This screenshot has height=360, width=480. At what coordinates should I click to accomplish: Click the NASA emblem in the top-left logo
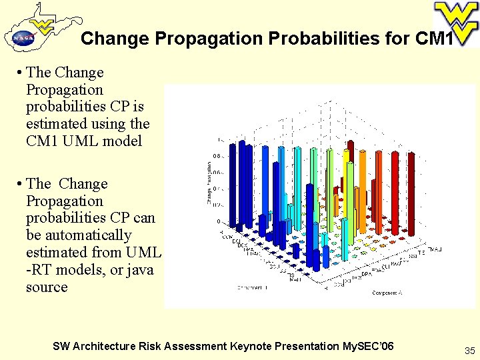21,38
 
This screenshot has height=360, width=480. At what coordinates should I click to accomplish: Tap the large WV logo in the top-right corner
455,21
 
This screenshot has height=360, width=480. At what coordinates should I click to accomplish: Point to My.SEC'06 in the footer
367,346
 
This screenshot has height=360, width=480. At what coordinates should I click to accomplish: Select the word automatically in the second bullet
79,235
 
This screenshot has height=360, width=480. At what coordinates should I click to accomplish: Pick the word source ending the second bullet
47,287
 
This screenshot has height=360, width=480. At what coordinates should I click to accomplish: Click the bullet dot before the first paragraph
21,73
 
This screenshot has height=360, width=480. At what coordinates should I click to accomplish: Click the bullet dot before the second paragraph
21,184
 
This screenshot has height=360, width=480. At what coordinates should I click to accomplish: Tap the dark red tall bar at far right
411,193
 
